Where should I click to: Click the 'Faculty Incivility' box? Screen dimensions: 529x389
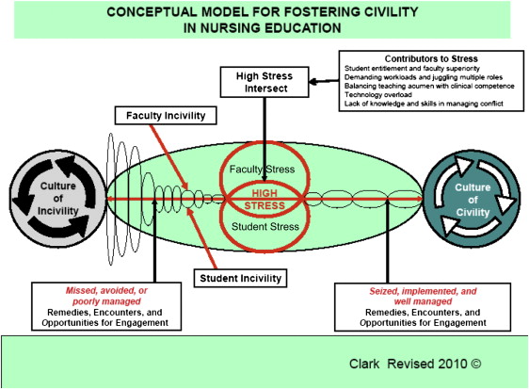coord(166,116)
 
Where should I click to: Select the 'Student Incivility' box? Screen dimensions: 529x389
coord(240,278)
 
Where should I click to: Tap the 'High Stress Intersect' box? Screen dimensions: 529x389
coord(264,82)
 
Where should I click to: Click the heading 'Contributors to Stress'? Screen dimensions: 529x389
coord(431,58)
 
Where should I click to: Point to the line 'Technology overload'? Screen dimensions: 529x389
coord(377,95)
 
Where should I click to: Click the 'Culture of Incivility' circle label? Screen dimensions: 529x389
coord(58,199)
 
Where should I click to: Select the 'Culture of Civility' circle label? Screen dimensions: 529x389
coord(473,200)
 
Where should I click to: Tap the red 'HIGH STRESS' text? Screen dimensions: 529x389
coord(264,200)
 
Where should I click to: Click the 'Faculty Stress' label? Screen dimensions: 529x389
coord(262,170)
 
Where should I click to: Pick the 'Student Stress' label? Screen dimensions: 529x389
coord(265,227)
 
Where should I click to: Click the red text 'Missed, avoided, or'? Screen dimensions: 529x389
coord(106,291)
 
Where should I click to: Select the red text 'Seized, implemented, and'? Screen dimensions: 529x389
coord(423,291)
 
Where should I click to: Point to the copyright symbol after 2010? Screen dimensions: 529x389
coord(475,364)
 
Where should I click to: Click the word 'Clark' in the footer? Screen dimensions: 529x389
coord(364,364)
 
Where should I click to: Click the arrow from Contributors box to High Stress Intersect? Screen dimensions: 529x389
coord(324,81)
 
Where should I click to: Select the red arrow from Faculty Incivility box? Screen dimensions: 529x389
coord(168,156)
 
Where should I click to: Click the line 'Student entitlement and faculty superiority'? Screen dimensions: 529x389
coord(412,68)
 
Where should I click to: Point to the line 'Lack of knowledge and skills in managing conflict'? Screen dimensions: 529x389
coord(424,104)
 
